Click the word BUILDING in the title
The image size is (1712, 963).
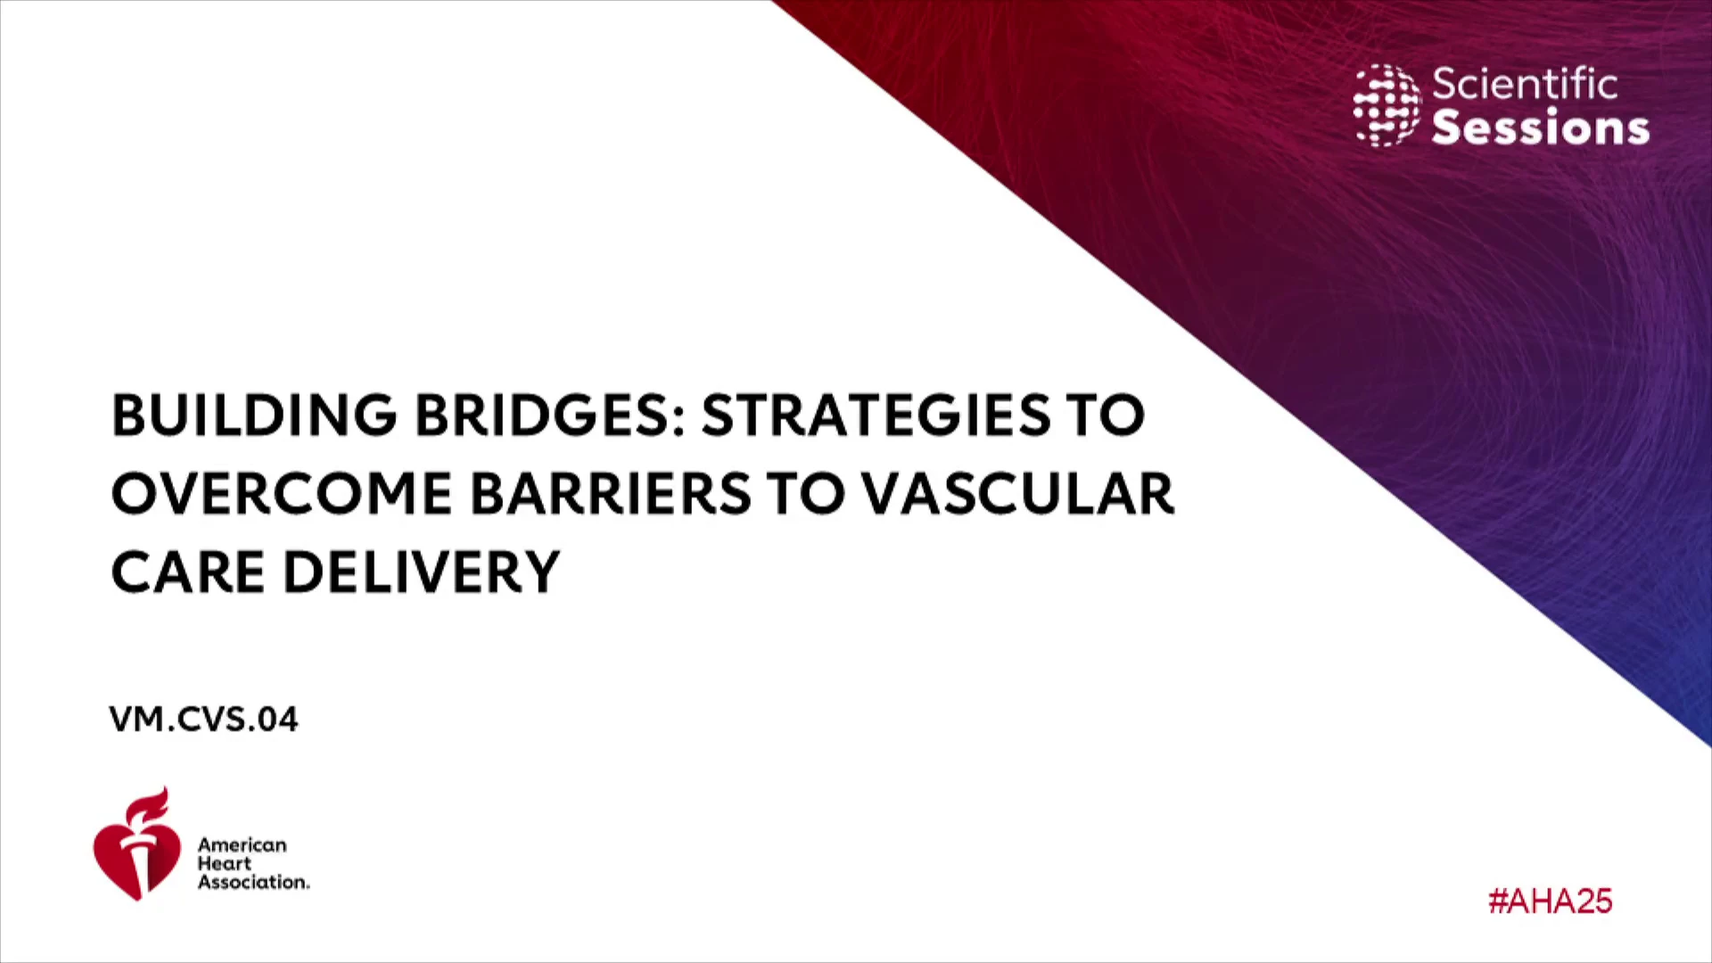[x=254, y=416]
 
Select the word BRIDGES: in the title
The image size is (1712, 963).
[x=550, y=416]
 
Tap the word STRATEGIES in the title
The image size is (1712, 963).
[x=877, y=416]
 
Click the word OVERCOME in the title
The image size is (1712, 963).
[x=282, y=494]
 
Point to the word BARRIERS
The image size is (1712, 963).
[x=611, y=494]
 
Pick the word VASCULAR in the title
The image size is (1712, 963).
[x=1018, y=494]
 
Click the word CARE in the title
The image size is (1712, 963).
[x=188, y=572]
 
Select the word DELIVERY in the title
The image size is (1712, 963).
[x=422, y=572]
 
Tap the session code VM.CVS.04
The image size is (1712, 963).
[x=203, y=720]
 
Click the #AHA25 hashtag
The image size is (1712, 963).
[x=1551, y=901]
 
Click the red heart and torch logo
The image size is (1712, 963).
[x=136, y=844]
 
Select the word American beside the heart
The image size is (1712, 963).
[x=243, y=844]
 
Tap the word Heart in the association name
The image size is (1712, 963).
[x=225, y=863]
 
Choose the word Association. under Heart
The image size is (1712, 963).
[x=254, y=882]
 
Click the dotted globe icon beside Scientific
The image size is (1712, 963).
[x=1387, y=105]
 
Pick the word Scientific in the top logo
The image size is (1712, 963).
[x=1525, y=85]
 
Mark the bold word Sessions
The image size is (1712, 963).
[x=1541, y=128]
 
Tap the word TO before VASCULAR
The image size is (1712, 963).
[x=806, y=494]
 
